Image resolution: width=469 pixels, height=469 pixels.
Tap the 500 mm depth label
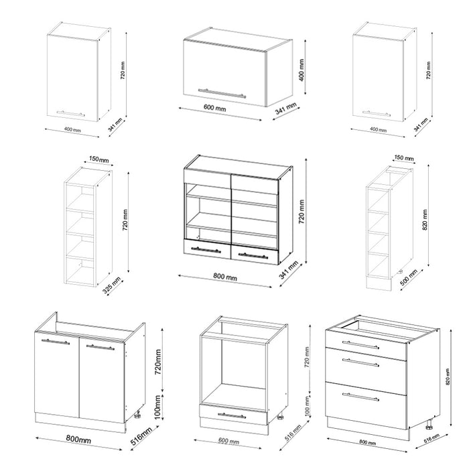tap(408, 279)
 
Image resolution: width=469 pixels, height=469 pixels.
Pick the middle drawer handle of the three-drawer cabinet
tap(360, 362)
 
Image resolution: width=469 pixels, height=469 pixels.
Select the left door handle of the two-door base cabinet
tap(55, 342)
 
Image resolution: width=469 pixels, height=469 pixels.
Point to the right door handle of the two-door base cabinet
tap(100, 346)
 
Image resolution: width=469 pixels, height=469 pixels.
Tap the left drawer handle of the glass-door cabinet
tap(206, 250)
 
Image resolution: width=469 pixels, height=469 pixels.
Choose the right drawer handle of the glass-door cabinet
tap(253, 255)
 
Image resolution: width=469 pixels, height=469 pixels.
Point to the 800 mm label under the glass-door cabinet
tap(226, 277)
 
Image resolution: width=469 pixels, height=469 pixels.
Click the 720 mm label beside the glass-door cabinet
tap(301, 210)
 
